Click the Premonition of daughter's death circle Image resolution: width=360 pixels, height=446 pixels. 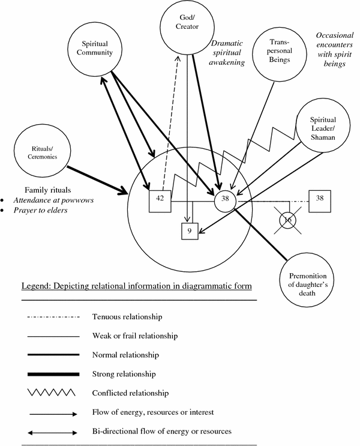[x=304, y=277]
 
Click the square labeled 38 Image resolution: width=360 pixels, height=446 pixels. [x=319, y=199]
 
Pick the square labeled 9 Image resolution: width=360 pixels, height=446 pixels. [x=190, y=231]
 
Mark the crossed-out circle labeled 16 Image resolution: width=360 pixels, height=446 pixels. [x=287, y=221]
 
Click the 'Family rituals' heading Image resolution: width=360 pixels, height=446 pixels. [x=47, y=187]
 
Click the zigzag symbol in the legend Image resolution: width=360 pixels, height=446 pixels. [x=51, y=393]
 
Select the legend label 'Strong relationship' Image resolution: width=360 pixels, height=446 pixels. [x=124, y=373]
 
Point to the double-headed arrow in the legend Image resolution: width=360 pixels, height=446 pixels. [x=51, y=431]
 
